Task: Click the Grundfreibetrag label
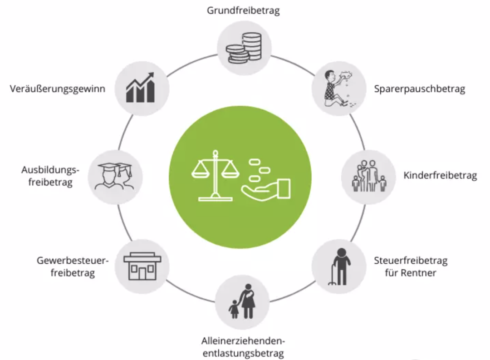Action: pos(243,10)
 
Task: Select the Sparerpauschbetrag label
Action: pos(419,89)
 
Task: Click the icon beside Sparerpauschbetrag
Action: pos(338,88)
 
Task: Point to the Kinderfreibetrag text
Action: pos(440,176)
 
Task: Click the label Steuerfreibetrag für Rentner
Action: pos(411,267)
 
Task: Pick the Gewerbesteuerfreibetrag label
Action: pos(73,267)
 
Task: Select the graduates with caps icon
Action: pos(114,176)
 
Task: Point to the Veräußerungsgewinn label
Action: pos(58,89)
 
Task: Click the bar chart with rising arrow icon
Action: pos(141,88)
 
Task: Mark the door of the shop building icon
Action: pos(142,273)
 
